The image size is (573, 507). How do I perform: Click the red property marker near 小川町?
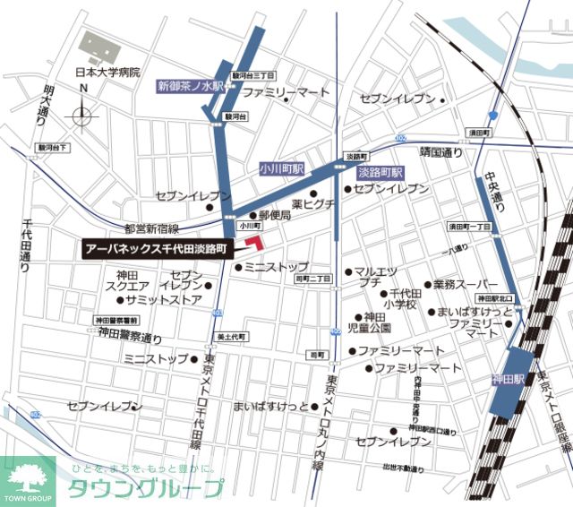click(x=255, y=243)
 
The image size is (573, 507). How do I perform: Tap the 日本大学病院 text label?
click(x=107, y=73)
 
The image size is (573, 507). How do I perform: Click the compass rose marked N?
click(x=82, y=114)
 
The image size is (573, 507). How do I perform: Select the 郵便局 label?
click(x=275, y=216)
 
